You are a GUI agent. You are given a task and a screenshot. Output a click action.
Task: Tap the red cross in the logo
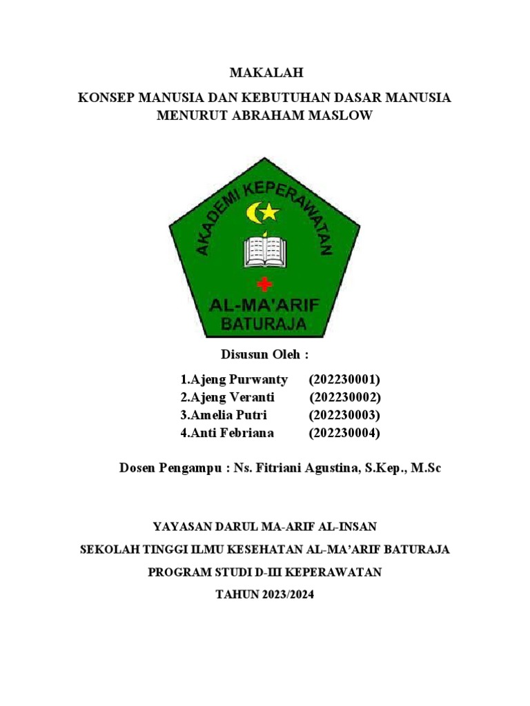pos(265,283)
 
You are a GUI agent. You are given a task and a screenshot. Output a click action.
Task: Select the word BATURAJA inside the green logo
pos(264,324)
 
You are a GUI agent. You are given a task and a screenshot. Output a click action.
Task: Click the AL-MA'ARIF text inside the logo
pos(264,304)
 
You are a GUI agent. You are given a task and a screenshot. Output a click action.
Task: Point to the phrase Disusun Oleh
pos(264,355)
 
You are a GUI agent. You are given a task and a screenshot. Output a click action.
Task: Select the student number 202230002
pos(345,398)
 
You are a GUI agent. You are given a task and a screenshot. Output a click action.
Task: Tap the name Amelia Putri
pos(224,416)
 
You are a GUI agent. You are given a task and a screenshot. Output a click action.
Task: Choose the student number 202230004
pos(345,433)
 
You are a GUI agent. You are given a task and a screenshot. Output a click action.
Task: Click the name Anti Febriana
pos(227,433)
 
